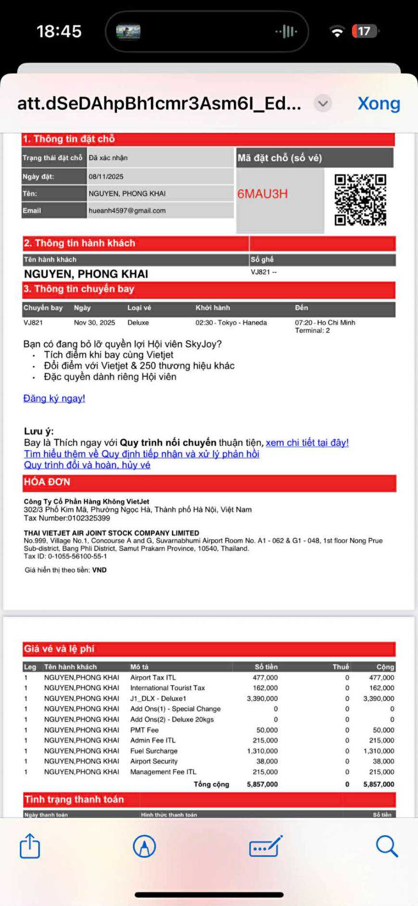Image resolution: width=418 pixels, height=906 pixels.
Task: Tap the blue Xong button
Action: (x=379, y=103)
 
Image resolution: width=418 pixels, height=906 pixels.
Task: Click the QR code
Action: (x=360, y=200)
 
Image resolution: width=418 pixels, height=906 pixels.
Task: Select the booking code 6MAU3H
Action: (x=263, y=194)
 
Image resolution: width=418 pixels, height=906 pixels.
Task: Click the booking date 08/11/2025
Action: (x=106, y=177)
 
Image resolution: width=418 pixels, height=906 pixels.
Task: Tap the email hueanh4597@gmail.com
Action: (x=127, y=210)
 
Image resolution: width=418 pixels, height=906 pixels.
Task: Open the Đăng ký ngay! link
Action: (x=54, y=398)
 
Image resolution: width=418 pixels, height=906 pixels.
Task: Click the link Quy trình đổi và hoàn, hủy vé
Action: (x=87, y=465)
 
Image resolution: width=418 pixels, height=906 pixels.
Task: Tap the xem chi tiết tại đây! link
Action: (x=307, y=443)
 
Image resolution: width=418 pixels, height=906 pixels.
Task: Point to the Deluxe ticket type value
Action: (x=138, y=322)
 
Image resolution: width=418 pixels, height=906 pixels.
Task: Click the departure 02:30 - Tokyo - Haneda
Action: (x=231, y=322)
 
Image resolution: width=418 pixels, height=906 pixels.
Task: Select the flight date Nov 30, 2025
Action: (x=94, y=322)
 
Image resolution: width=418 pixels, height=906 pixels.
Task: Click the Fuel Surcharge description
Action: (x=154, y=751)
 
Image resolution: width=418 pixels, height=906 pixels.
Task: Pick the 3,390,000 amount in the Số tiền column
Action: (x=262, y=698)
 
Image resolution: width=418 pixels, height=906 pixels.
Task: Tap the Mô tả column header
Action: (x=139, y=667)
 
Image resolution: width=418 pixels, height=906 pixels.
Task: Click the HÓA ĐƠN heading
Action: (x=47, y=482)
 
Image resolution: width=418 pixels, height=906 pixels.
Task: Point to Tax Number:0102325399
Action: (x=67, y=518)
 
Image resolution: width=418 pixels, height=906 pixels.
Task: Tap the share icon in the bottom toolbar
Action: (x=30, y=845)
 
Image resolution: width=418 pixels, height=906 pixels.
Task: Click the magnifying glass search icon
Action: (x=387, y=846)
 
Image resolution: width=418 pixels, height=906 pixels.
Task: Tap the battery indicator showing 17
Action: (x=365, y=31)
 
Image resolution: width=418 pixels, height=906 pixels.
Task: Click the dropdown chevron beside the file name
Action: (x=323, y=103)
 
